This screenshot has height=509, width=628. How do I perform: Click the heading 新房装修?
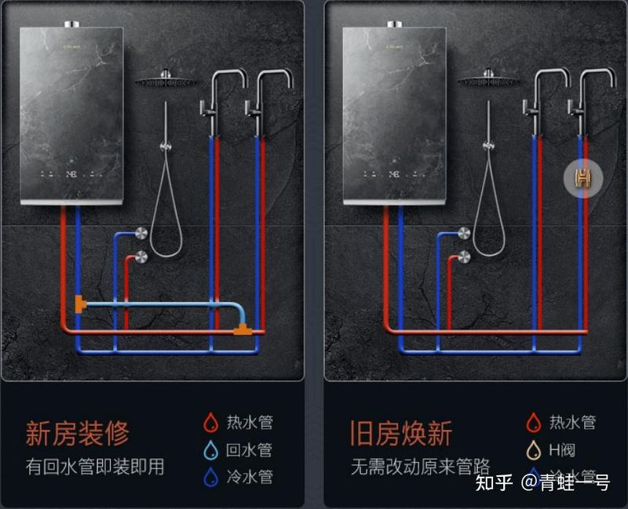(x=77, y=433)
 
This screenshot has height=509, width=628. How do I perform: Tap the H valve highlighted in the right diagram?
(x=582, y=179)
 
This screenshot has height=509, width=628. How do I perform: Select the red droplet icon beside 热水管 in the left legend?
(x=210, y=424)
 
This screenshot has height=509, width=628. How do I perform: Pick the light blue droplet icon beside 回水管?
(x=210, y=450)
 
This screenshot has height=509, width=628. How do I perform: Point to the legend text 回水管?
(x=249, y=450)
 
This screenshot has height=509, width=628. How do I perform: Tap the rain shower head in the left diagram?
(x=166, y=81)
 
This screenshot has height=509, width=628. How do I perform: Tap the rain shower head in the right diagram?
(x=488, y=81)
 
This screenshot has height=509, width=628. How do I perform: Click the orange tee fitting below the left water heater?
(x=79, y=303)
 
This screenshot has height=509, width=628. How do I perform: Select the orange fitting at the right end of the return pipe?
(x=243, y=330)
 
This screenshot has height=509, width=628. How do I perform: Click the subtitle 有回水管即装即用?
(x=95, y=467)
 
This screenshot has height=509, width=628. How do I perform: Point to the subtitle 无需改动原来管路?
(x=420, y=467)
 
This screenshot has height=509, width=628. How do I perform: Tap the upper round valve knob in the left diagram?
(x=141, y=233)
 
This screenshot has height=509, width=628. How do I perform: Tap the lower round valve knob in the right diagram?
(x=464, y=256)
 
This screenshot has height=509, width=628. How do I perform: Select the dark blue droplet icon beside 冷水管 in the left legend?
(x=210, y=477)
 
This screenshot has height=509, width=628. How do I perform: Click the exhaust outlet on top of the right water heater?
(x=394, y=24)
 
